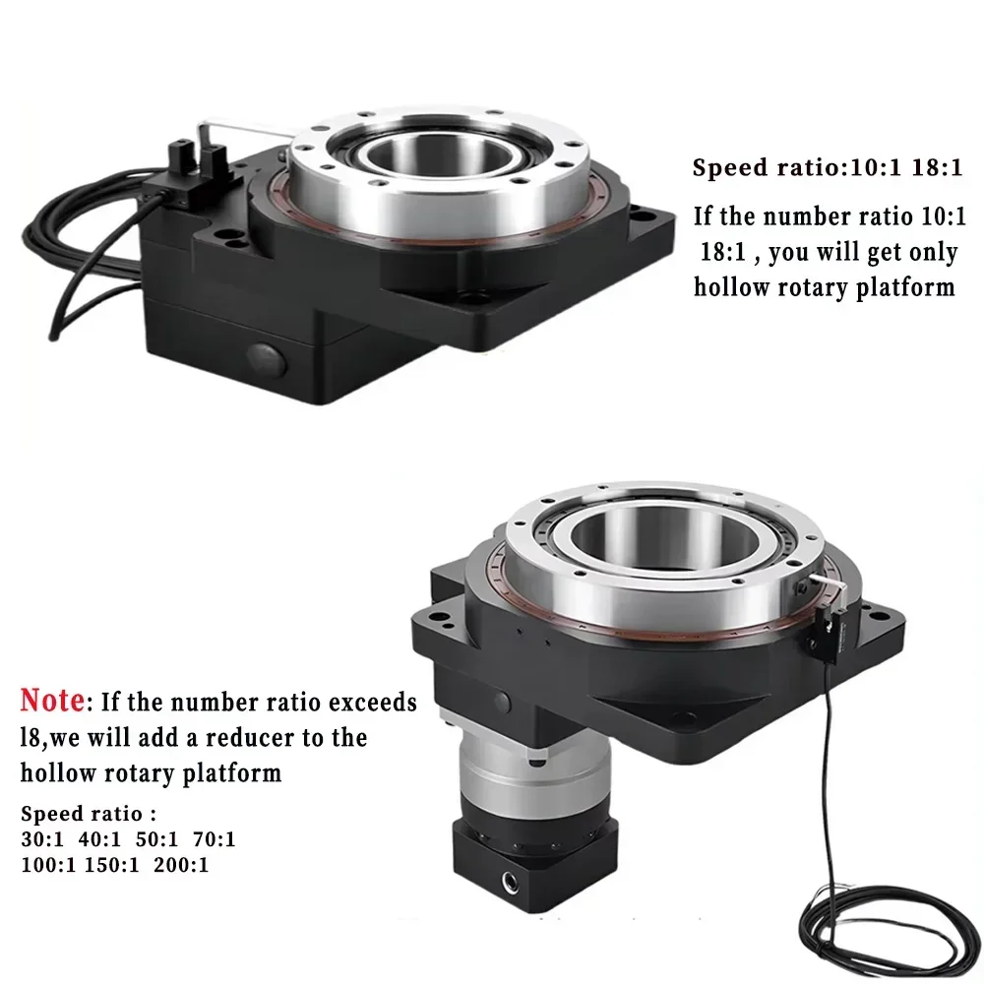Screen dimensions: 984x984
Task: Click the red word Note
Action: coord(53,703)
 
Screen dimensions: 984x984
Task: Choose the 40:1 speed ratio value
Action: coord(99,840)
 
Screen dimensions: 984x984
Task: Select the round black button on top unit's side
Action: coord(267,357)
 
